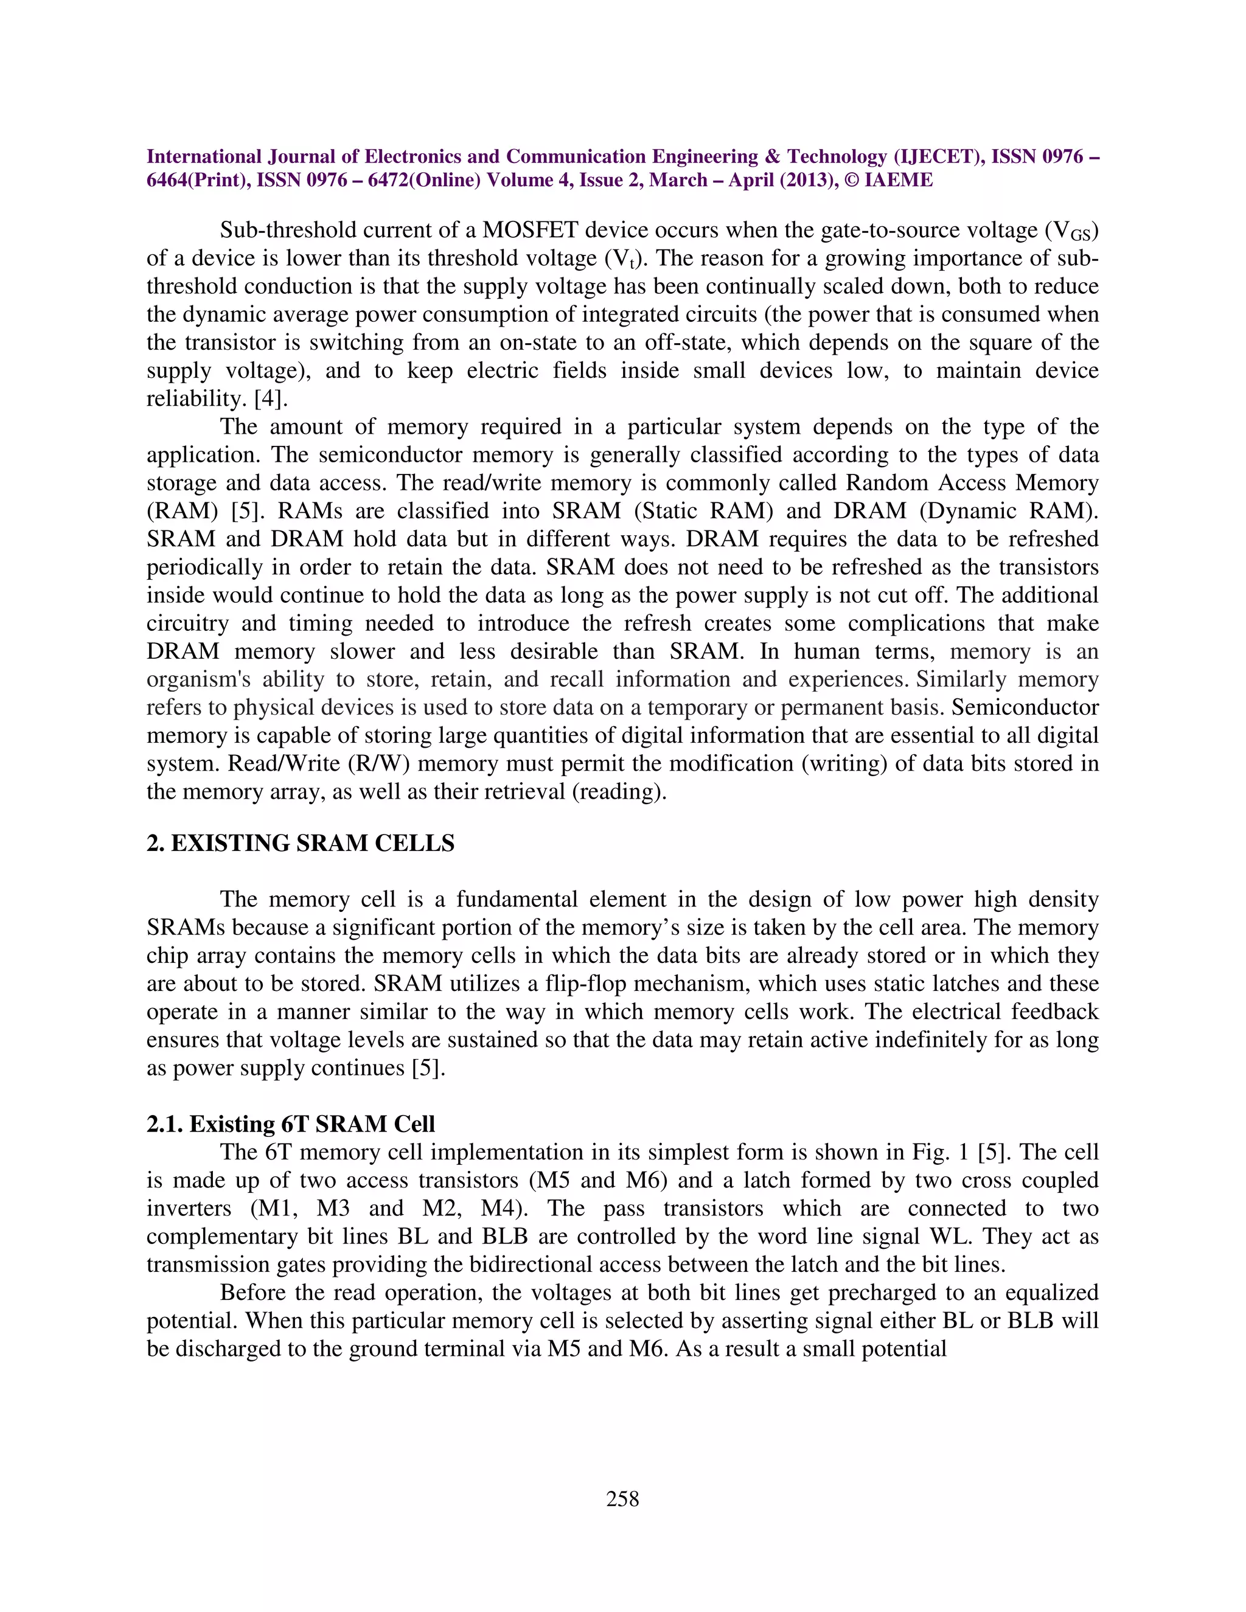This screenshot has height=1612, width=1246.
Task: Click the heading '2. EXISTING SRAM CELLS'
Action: point(301,844)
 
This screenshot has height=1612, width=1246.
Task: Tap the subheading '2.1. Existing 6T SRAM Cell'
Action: point(291,1124)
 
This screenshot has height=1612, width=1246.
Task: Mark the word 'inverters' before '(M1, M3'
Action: point(189,1208)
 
